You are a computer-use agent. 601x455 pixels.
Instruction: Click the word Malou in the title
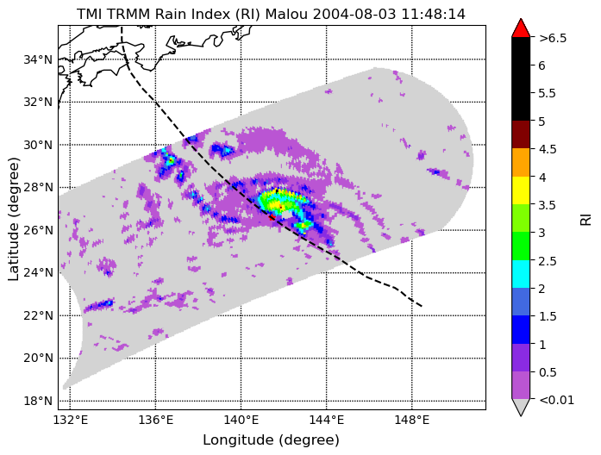pyautogui.click(x=286, y=14)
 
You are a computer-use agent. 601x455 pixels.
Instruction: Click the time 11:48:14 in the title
pyautogui.click(x=433, y=14)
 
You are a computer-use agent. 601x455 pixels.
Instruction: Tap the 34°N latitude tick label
pyautogui.click(x=38, y=59)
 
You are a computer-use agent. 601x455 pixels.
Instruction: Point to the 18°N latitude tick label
pyautogui.click(x=38, y=401)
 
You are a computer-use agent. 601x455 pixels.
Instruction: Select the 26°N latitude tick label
pyautogui.click(x=38, y=231)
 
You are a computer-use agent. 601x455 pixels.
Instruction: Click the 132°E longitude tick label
pyautogui.click(x=70, y=421)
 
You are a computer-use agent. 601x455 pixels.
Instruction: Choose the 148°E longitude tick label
pyautogui.click(x=412, y=421)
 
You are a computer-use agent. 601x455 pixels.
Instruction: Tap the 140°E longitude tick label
pyautogui.click(x=241, y=421)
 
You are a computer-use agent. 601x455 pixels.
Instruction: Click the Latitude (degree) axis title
pyautogui.click(x=14, y=219)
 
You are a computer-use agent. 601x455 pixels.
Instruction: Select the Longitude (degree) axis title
pyautogui.click(x=272, y=440)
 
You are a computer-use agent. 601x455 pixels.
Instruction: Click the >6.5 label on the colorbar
pyautogui.click(x=553, y=38)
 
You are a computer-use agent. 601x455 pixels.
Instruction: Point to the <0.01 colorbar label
pyautogui.click(x=556, y=400)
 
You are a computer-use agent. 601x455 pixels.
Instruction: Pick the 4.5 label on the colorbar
pyautogui.click(x=548, y=149)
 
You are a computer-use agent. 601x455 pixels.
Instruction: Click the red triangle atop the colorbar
pyautogui.click(x=521, y=28)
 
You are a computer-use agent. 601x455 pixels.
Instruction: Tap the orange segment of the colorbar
pyautogui.click(x=521, y=162)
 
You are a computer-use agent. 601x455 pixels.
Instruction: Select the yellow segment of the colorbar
pyautogui.click(x=521, y=190)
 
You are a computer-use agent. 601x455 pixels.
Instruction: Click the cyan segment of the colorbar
pyautogui.click(x=521, y=274)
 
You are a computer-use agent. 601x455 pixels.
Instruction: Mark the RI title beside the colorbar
pyautogui.click(x=586, y=220)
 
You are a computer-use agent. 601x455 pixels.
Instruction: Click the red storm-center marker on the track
pyautogui.click(x=272, y=217)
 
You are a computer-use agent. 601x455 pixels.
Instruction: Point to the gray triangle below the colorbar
pyautogui.click(x=521, y=408)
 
